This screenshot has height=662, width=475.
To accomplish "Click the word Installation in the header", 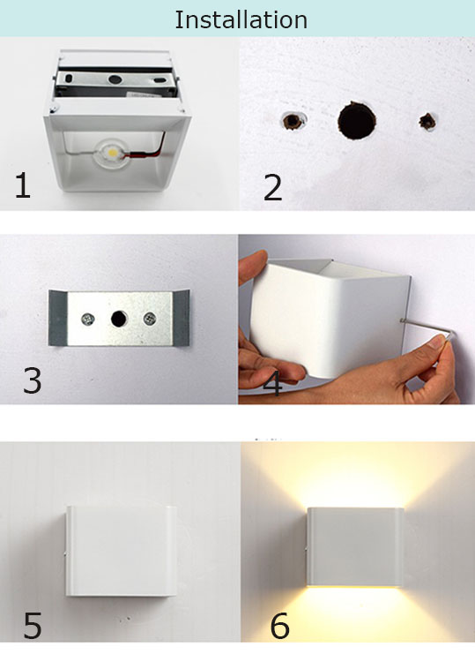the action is pos(241,19).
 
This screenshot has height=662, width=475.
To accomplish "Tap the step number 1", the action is pos(23,185).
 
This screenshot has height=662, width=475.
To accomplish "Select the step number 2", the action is pos(272,187).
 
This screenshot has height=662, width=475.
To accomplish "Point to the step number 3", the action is pos(32,380).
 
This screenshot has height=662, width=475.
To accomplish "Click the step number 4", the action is pos(272,384).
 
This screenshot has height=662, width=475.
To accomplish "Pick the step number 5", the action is pos(32,625).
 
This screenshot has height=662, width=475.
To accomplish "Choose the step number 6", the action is pos(279,625).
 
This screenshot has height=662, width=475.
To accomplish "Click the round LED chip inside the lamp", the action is pos(113,151).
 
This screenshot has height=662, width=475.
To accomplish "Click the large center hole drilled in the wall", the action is pos(357,120).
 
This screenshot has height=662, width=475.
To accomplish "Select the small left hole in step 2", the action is pos(293,121).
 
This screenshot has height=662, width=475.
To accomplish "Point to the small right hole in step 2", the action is pos(427,122).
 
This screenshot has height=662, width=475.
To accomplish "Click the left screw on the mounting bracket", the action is pos(88,319).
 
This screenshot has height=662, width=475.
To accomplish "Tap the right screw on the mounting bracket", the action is pos(150,319).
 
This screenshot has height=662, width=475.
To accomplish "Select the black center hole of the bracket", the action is pos(119,319).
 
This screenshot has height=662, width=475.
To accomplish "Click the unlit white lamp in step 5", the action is pos(121,551).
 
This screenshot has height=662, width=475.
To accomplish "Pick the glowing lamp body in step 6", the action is pos(355,547).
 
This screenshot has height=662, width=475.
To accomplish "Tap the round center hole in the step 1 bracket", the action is pos(115,79).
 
